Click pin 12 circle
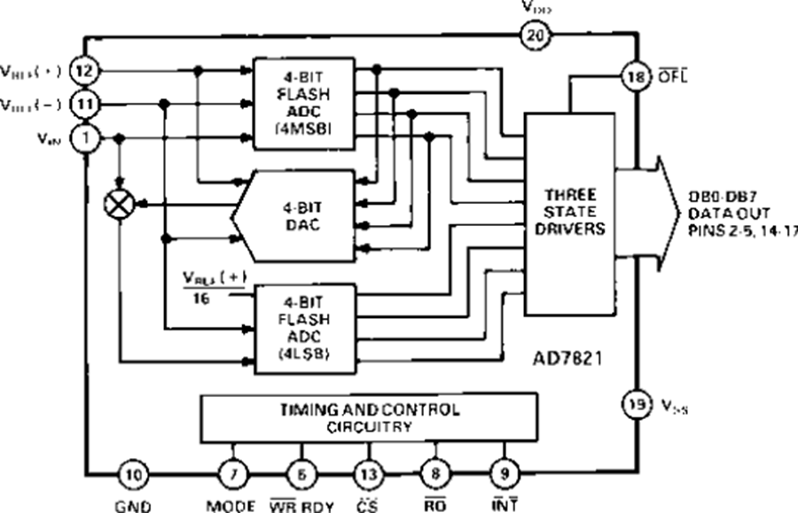(84, 68)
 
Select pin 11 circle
(84, 103)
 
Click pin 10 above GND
(133, 475)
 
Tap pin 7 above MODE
(233, 475)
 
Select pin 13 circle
(368, 475)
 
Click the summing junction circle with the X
(120, 205)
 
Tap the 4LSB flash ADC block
(303, 325)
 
